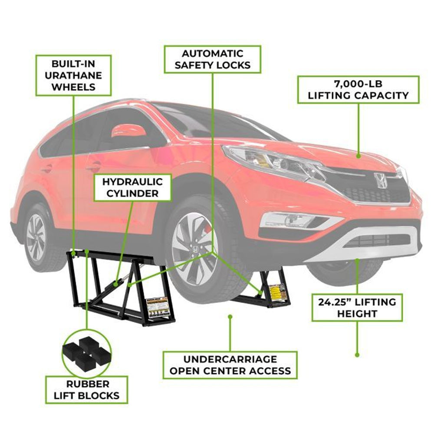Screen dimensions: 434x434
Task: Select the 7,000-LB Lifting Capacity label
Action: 358,90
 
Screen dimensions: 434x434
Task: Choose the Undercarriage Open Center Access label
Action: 230,365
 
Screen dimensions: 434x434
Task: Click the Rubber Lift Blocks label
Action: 87,390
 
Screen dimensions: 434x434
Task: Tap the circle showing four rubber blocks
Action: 86,352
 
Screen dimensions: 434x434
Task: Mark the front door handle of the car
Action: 93,167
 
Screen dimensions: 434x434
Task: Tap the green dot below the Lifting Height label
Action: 357,355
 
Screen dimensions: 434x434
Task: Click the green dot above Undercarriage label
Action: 230,317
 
